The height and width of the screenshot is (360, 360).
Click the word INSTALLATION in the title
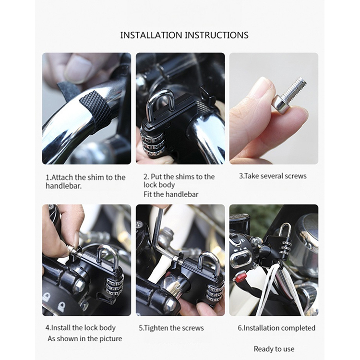tap(151, 35)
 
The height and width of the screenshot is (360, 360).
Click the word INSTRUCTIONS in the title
tap(217, 35)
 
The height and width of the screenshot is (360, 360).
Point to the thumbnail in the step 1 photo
tap(76, 69)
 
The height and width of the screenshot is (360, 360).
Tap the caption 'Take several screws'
tap(273, 176)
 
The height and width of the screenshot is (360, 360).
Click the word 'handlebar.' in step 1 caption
tap(63, 186)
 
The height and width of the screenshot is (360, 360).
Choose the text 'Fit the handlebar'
tap(171, 194)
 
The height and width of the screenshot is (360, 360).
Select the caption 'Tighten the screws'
tap(171, 328)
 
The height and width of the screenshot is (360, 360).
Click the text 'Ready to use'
tap(274, 349)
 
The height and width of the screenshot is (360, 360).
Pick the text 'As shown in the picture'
tap(85, 339)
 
